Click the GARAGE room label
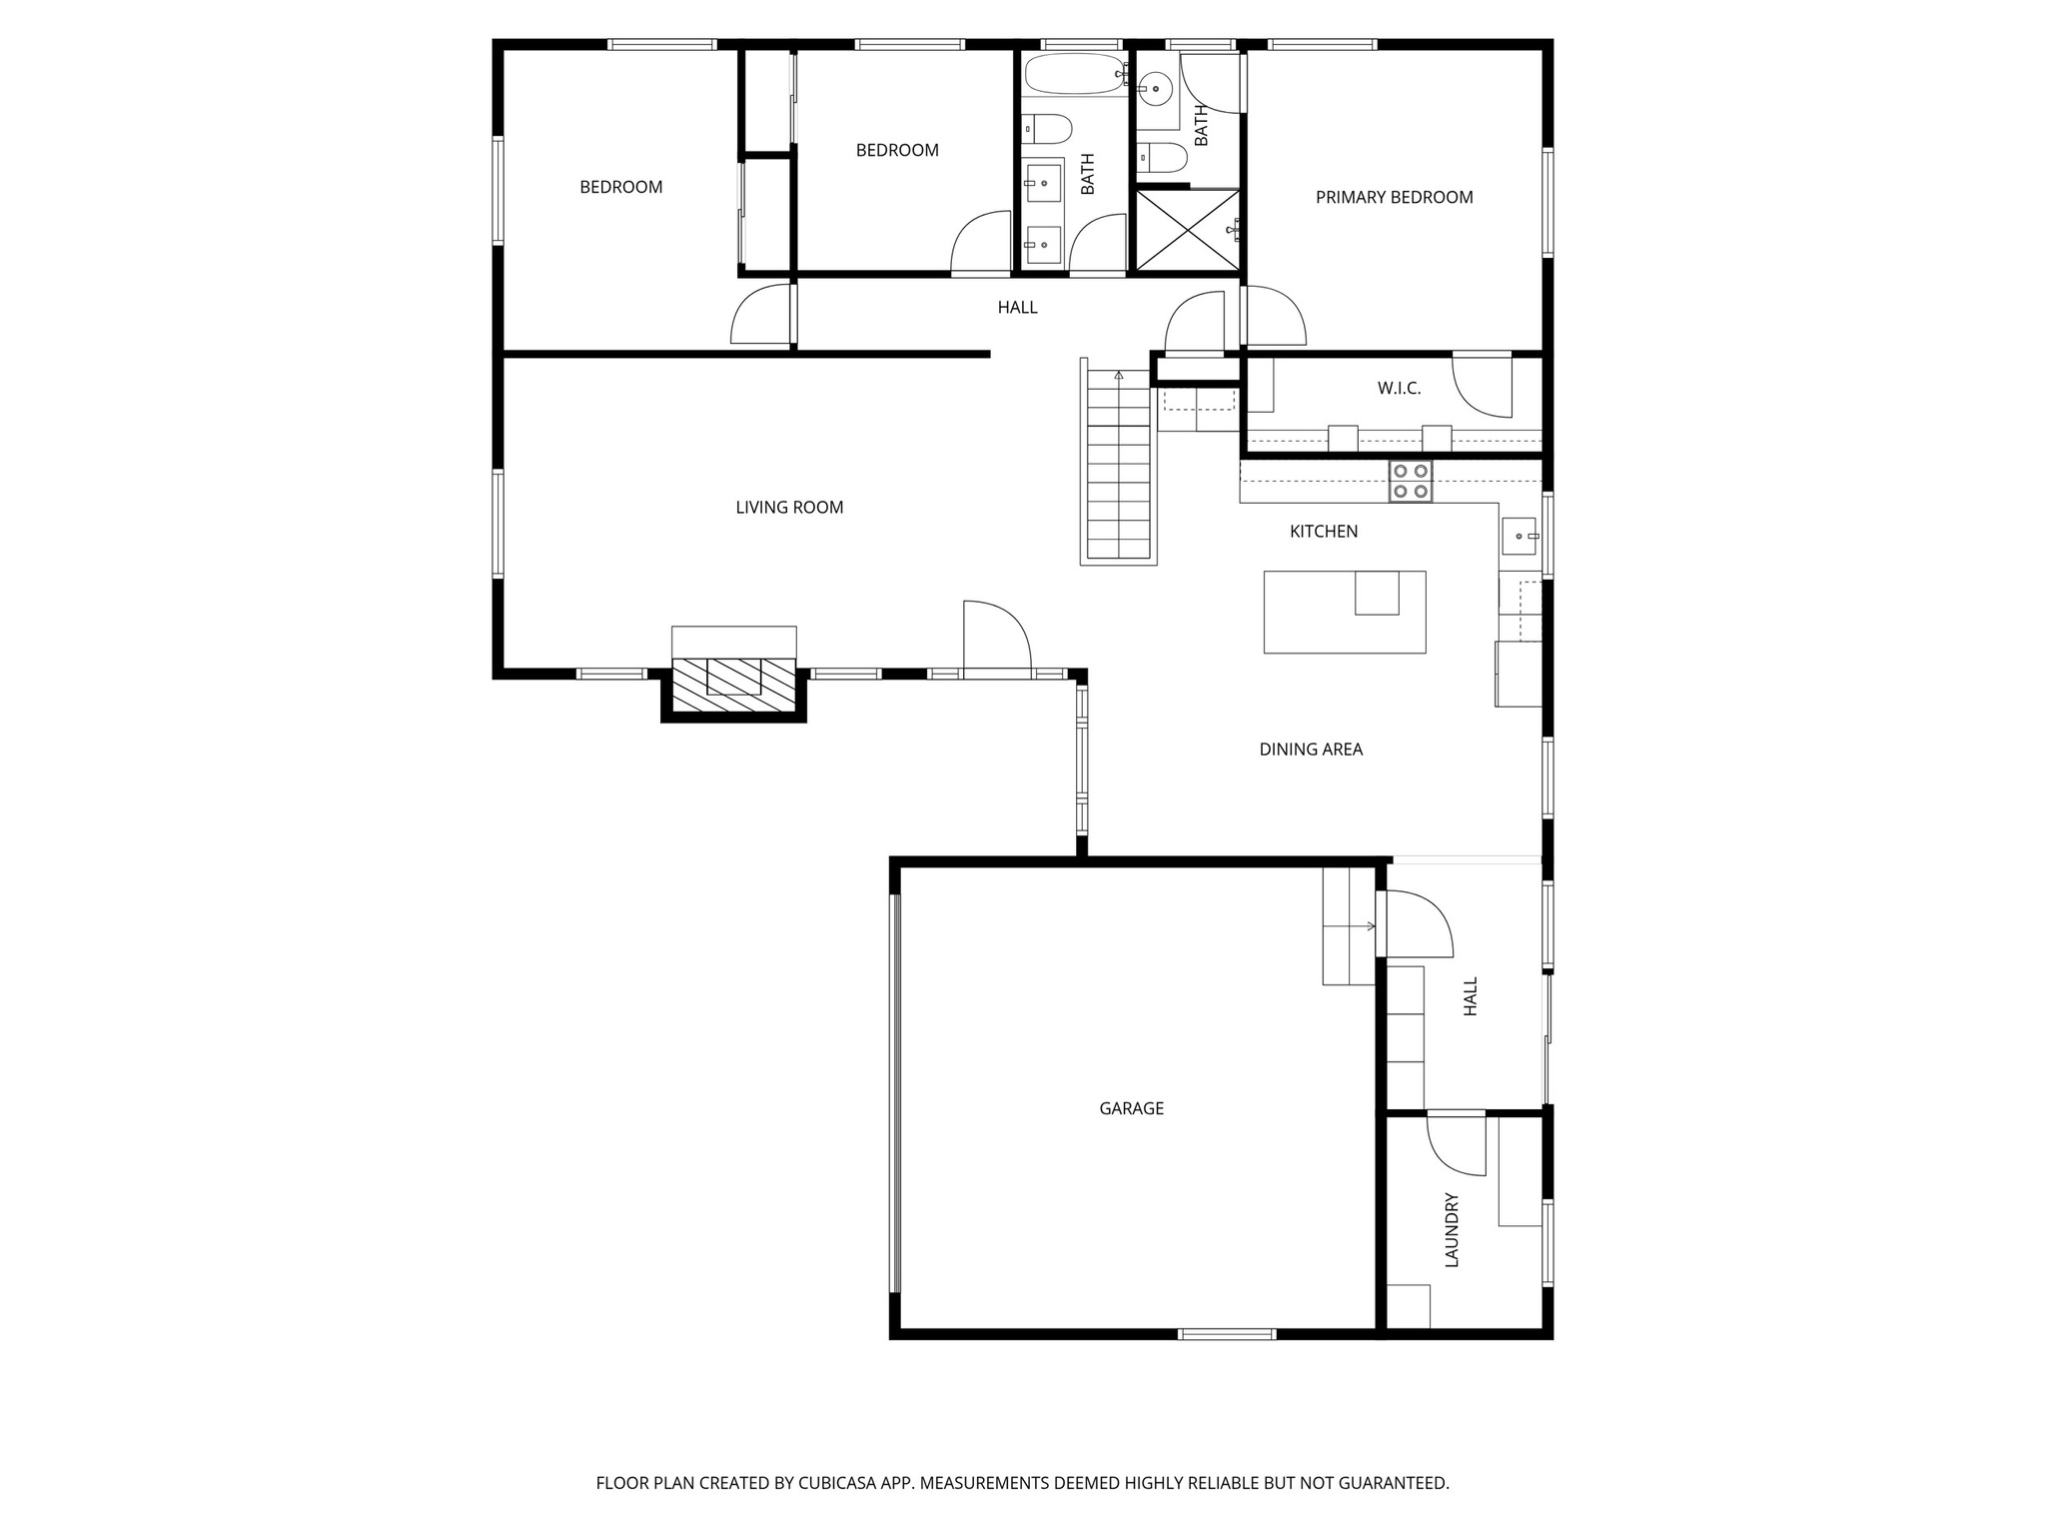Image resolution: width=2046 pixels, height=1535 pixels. point(1131,1108)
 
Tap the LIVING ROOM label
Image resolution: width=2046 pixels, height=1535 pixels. point(789,508)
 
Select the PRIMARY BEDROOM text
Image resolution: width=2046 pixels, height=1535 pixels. point(1394,198)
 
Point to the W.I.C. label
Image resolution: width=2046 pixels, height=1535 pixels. point(1399,389)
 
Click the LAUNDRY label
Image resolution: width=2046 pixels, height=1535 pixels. point(1453,1230)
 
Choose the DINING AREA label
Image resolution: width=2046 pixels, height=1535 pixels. point(1311,750)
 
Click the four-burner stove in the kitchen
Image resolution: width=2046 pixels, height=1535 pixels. point(1410,481)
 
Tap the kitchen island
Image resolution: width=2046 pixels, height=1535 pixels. point(1344,613)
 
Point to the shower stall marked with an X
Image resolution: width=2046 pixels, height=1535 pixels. point(1188,230)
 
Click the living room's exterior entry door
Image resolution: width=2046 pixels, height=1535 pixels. point(995,640)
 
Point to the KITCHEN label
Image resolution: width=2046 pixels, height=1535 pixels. point(1324,532)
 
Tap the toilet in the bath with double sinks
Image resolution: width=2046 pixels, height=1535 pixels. point(1048,129)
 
